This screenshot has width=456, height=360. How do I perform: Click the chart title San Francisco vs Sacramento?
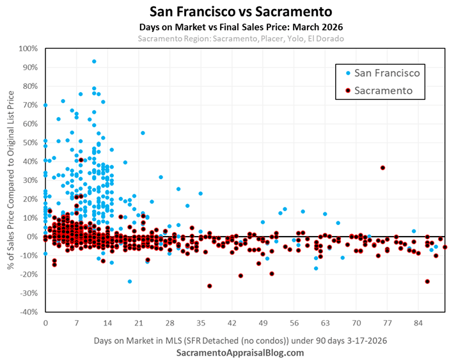click(x=228, y=12)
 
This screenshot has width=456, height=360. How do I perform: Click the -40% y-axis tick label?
click(x=27, y=312)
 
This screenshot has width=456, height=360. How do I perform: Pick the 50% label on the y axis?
click(x=29, y=143)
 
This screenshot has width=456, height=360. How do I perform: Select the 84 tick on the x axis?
click(x=419, y=322)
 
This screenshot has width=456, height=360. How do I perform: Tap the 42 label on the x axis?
click(x=232, y=322)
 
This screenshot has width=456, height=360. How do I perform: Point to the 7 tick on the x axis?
click(x=77, y=322)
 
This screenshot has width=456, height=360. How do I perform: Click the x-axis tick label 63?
click(x=326, y=322)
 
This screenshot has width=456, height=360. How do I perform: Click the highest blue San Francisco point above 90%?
click(x=94, y=61)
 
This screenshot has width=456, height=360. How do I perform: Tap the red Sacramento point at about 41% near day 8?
click(x=81, y=160)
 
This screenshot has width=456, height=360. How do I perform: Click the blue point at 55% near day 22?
click(x=143, y=133)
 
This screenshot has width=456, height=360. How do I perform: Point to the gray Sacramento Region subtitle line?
click(x=228, y=38)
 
